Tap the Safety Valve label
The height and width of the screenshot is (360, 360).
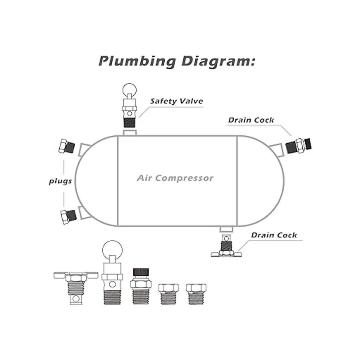pyautogui.click(x=176, y=101)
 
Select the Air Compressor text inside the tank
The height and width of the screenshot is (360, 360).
pyautogui.click(x=175, y=178)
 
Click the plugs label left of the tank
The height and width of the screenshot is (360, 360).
pyautogui.click(x=60, y=181)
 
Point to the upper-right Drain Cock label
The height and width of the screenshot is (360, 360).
pyautogui.click(x=251, y=120)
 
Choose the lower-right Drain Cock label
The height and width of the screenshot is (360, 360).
pyautogui.click(x=274, y=235)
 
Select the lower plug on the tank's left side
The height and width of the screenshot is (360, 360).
pyautogui.click(x=68, y=216)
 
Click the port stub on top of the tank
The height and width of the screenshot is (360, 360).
pyautogui.click(x=130, y=133)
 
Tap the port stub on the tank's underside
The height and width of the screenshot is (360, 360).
pyautogui.click(x=226, y=229)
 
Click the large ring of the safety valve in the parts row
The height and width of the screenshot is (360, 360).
pyautogui.click(x=112, y=250)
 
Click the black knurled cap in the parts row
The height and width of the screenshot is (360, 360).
pyautogui.click(x=141, y=272)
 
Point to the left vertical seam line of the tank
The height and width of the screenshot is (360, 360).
pyautogui.click(x=118, y=181)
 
